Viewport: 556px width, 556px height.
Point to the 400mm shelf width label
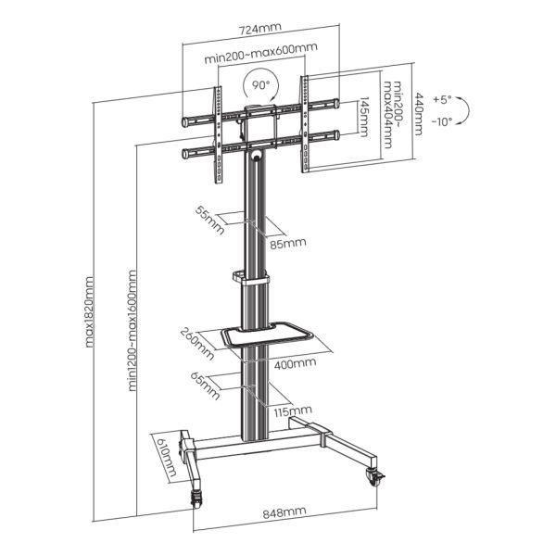pyautogui.click(x=295, y=363)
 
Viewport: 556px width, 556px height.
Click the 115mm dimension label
pyautogui.click(x=293, y=410)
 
